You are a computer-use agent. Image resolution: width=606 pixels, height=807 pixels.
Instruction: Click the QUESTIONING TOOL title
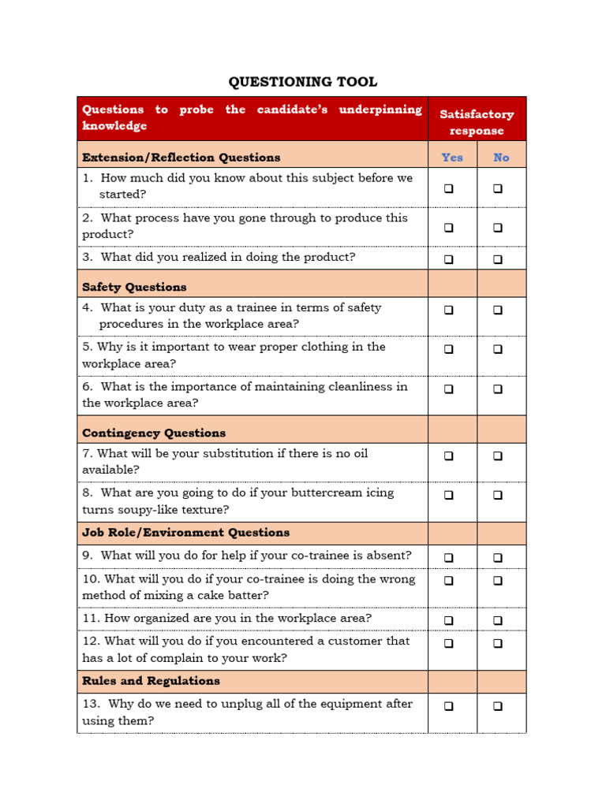click(x=303, y=82)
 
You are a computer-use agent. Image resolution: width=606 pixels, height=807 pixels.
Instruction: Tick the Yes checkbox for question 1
click(x=449, y=188)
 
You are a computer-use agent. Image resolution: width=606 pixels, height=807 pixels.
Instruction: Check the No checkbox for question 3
click(x=498, y=258)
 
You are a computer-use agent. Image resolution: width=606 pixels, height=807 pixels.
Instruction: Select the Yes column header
click(x=452, y=157)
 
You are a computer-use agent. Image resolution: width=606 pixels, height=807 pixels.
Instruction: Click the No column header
click(x=501, y=157)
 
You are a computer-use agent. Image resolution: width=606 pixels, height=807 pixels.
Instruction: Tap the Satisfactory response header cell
click(x=477, y=122)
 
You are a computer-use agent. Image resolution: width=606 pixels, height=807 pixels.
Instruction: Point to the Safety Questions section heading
click(x=134, y=287)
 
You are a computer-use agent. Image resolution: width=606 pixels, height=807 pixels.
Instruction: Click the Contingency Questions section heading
click(x=154, y=433)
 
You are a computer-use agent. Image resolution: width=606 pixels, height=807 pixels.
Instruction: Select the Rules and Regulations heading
click(x=151, y=681)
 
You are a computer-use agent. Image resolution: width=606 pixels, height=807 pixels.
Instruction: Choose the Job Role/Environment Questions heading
click(x=185, y=533)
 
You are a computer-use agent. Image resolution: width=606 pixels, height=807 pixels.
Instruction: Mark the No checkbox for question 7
click(x=498, y=456)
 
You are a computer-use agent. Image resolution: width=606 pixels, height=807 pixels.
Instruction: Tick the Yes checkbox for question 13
click(x=449, y=706)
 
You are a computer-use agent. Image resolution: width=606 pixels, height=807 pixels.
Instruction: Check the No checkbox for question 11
click(x=498, y=620)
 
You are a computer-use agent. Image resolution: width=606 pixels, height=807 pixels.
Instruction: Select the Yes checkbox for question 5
click(x=449, y=349)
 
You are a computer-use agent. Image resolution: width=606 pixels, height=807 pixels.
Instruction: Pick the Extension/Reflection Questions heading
click(x=181, y=157)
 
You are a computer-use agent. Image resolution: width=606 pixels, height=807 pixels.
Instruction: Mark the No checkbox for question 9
click(x=498, y=557)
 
